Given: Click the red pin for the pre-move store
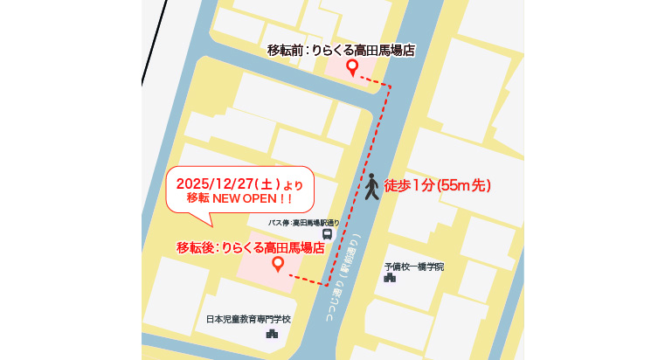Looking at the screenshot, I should [x=352, y=67].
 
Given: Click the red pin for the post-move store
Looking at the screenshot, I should [x=278, y=263].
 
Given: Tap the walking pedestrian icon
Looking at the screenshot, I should [x=371, y=186].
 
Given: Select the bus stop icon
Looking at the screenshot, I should [x=327, y=235].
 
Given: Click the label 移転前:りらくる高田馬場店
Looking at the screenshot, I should [x=340, y=51].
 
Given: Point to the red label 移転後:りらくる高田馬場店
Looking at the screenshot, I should [x=251, y=247].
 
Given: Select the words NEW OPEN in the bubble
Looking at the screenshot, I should [x=246, y=199].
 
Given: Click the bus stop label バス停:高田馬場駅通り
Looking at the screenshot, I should [x=303, y=224].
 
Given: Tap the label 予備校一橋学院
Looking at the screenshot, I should [x=413, y=267].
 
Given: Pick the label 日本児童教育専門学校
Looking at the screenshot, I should [x=248, y=320].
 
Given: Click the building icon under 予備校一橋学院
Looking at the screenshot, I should [x=389, y=278].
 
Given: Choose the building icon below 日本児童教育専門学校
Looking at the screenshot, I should [x=272, y=333].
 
